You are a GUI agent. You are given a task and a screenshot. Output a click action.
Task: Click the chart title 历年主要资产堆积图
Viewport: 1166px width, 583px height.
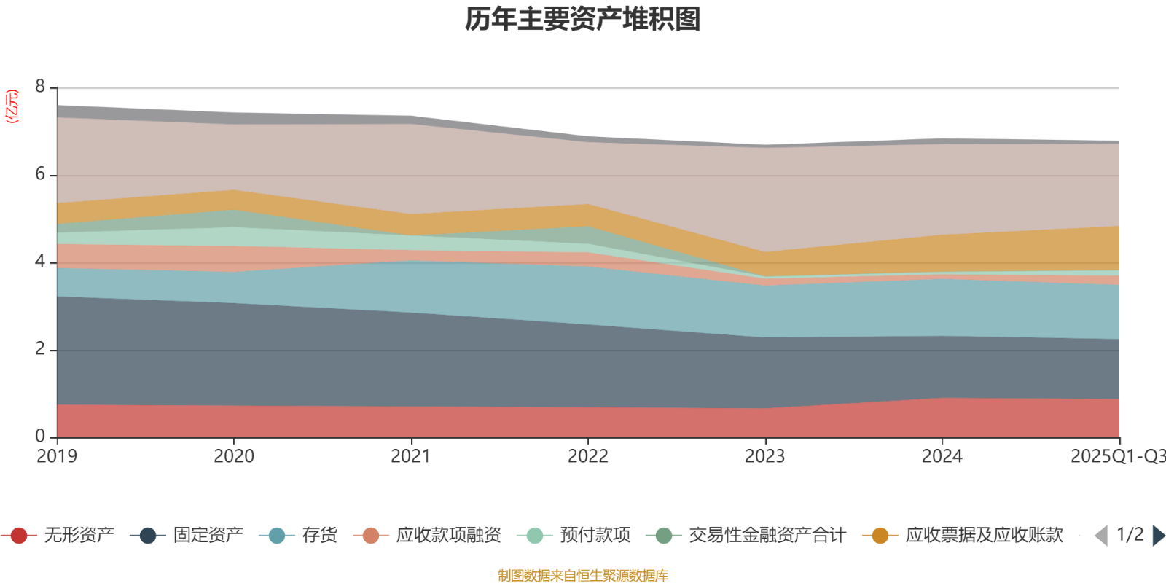pos(583,20)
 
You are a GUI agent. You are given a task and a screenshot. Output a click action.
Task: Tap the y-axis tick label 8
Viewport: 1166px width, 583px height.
pos(40,87)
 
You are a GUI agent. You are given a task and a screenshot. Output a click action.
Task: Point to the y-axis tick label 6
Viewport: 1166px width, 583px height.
pos(40,174)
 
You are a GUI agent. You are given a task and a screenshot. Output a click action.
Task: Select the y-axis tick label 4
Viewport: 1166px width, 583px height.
pos(40,262)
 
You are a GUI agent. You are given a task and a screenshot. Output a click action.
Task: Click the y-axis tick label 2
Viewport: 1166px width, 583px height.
pos(40,349)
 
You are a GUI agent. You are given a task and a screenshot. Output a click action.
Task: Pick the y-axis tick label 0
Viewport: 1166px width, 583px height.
pos(40,437)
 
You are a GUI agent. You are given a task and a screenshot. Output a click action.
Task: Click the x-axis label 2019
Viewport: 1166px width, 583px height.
pos(57,456)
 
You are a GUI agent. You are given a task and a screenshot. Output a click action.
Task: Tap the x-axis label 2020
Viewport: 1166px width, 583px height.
pos(233,456)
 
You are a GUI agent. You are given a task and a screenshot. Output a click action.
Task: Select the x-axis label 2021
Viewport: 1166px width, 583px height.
pos(411,456)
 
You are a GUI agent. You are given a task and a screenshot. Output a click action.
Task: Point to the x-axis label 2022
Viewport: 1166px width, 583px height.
pos(587,456)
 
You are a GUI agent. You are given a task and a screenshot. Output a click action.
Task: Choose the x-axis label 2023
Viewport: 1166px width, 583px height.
pos(764,456)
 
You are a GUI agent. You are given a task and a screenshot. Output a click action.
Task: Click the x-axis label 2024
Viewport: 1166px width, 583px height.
pos(942,456)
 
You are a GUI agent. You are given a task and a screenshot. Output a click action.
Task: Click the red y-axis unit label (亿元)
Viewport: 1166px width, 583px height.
pos(12,106)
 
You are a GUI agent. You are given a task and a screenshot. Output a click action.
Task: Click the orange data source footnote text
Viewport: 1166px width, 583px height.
pos(583,576)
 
